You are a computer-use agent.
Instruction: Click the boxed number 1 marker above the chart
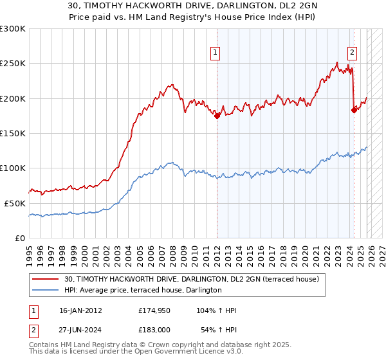pos(214,53)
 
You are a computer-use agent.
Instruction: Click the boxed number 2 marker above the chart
pos(353,53)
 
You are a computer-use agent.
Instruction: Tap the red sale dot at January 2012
pos(217,116)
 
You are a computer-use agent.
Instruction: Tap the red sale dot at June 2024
pos(354,110)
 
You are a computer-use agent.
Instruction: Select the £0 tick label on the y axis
pos(19,238)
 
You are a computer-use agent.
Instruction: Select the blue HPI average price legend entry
pos(143,291)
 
